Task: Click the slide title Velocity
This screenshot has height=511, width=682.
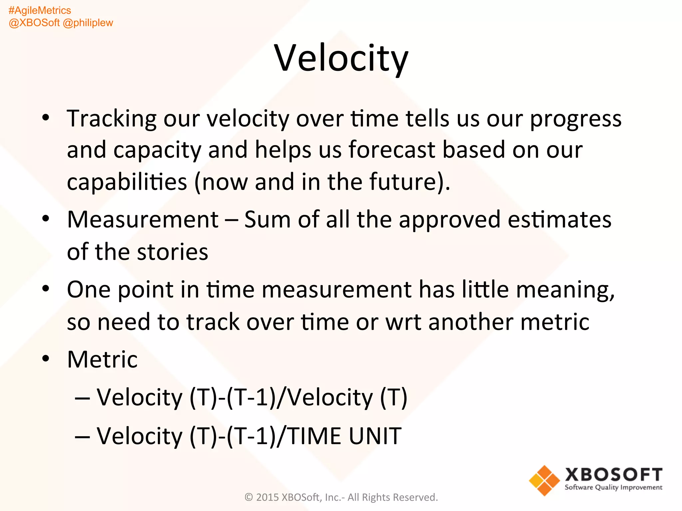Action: tap(341, 59)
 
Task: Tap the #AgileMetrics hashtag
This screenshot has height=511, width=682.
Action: tap(40, 10)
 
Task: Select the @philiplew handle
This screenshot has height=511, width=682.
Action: tap(88, 23)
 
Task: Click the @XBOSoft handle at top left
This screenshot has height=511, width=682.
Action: tap(34, 23)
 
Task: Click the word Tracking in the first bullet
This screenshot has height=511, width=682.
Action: tap(112, 119)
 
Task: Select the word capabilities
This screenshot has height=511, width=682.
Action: tap(127, 182)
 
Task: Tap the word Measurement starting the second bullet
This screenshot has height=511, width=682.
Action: tap(143, 220)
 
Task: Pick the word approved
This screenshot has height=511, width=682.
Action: tap(450, 220)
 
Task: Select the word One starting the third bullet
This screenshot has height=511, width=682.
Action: tap(89, 289)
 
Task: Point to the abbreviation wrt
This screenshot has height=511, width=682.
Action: tap(403, 322)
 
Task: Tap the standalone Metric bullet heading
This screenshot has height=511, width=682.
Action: tap(102, 360)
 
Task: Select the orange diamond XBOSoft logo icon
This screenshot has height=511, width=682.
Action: tap(544, 480)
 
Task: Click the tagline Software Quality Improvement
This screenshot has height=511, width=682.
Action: tap(613, 487)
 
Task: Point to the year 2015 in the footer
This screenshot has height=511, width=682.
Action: tap(267, 497)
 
